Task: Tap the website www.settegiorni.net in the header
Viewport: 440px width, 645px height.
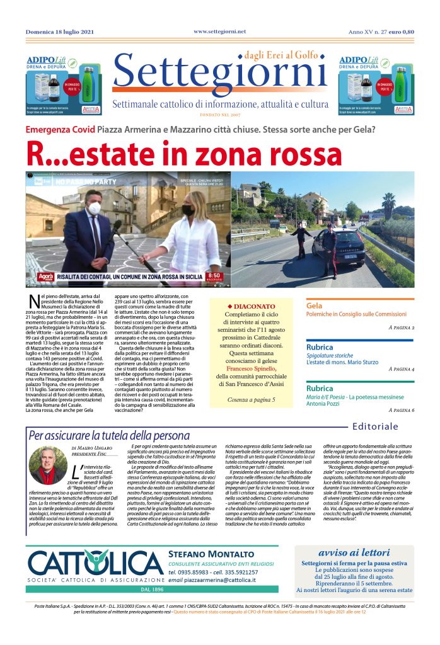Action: (x=219, y=31)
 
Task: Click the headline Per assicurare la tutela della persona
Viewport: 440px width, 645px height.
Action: (x=109, y=435)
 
